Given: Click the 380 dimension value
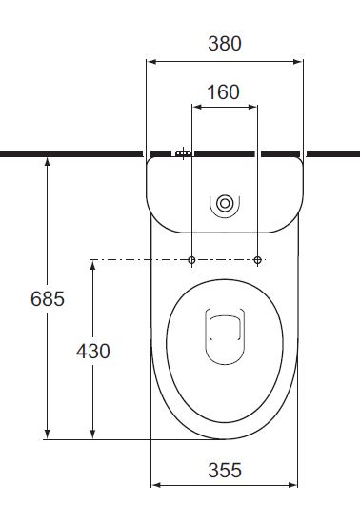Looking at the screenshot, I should click(225, 43).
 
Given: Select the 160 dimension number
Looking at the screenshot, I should click(224, 92).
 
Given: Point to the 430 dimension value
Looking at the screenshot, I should click(92, 351).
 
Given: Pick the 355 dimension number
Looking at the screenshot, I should click(225, 470).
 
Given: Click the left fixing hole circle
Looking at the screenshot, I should click(192, 260).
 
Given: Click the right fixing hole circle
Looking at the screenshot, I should click(258, 260).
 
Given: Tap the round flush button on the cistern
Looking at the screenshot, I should click(225, 203).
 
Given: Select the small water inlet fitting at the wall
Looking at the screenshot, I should click(183, 152).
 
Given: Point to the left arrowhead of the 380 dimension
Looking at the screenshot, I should click(150, 63).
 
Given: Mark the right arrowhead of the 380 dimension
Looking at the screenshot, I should click(299, 63).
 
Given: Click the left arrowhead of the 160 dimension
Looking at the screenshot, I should click(196, 109).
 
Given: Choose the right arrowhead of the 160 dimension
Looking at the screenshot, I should click(254, 109).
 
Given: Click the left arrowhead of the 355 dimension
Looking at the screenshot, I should click(156, 485).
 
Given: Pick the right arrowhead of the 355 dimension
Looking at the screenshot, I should click(293, 485).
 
